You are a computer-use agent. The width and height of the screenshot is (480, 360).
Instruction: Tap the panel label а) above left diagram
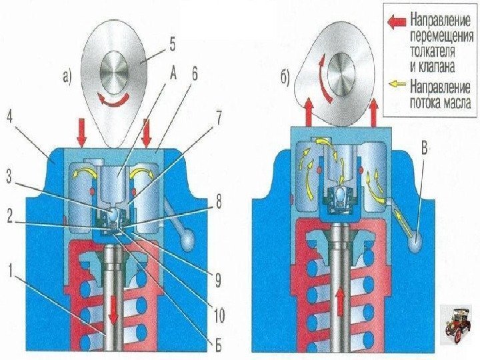click(66, 78)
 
